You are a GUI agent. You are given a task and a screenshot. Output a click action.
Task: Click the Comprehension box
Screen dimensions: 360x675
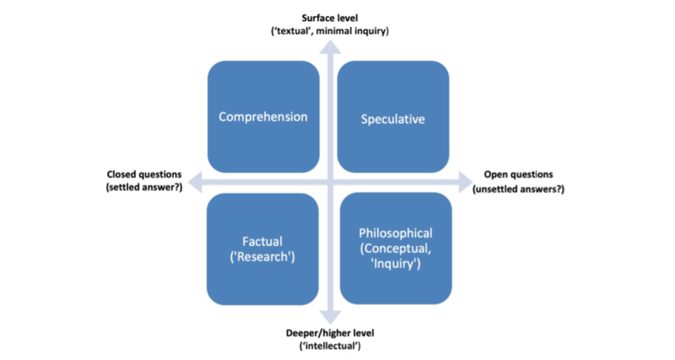coord(263,117)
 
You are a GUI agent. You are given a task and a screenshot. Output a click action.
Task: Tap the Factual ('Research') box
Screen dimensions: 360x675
coord(263,249)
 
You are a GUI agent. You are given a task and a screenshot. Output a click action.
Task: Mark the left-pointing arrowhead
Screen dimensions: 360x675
coord(197,182)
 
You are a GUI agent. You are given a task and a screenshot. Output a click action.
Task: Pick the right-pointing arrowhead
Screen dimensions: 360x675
coord(465,182)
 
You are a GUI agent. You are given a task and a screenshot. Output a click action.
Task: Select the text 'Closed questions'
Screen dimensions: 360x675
coord(143,174)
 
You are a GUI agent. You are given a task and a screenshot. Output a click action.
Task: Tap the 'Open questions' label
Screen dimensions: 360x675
coord(519,174)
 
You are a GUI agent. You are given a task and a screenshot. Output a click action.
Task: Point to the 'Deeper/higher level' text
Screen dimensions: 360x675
coord(330,333)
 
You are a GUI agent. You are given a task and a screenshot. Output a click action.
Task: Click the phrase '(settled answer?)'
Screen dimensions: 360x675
coord(143,188)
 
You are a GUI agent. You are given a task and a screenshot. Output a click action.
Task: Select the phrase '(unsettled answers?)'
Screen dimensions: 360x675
coord(519,188)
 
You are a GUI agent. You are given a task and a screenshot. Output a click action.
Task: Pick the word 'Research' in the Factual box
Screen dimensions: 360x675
coord(264,257)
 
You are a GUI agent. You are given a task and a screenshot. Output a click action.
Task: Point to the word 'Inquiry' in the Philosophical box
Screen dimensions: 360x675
coord(395,264)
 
